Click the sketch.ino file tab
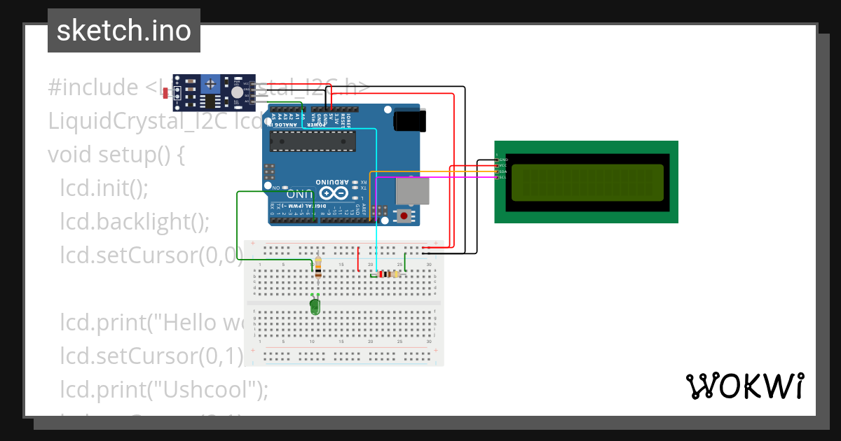pyautogui.click(x=124, y=31)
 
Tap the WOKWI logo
pyautogui.click(x=744, y=386)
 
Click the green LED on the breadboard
pyautogui.click(x=315, y=305)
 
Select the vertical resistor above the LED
pyautogui.click(x=319, y=267)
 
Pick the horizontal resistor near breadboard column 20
pyautogui.click(x=385, y=274)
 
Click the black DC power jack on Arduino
pyautogui.click(x=409, y=120)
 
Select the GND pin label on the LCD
pyautogui.click(x=503, y=160)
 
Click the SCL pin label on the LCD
pyautogui.click(x=503, y=177)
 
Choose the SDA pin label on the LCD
pyautogui.click(x=503, y=171)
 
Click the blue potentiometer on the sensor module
pyautogui.click(x=210, y=85)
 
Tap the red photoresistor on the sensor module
pyautogui.click(x=166, y=92)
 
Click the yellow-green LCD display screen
pyautogui.click(x=587, y=181)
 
